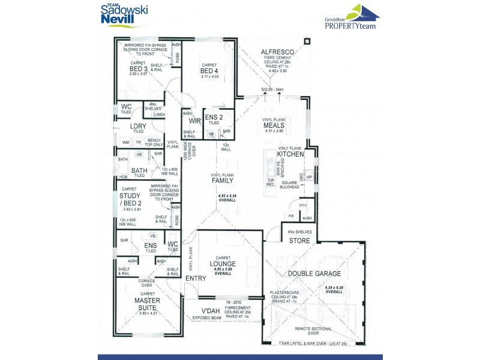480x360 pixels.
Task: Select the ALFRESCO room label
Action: click(275, 52)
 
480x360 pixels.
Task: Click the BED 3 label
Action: click(139, 68)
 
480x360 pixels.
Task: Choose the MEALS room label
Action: click(274, 125)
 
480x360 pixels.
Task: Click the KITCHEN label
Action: click(290, 154)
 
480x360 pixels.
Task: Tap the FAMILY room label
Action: click(221, 180)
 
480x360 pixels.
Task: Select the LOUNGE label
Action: click(223, 263)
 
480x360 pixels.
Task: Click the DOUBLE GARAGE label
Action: click(314, 274)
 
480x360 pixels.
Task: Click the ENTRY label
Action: click(196, 278)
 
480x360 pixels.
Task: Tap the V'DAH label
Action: click(211, 310)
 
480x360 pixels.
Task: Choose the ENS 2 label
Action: click(214, 118)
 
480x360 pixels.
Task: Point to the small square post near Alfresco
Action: click(307, 41)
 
